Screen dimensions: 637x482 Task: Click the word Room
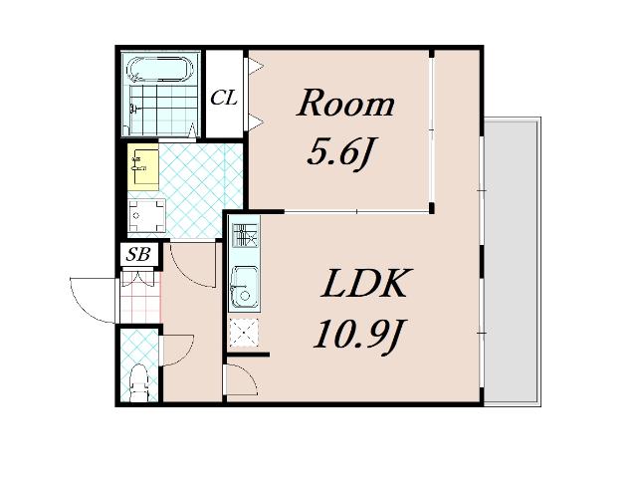(345, 103)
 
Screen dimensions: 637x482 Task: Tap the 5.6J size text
(340, 152)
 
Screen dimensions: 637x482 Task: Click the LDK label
(363, 283)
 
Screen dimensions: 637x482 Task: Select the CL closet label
(224, 98)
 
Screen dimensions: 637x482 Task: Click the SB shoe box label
(138, 254)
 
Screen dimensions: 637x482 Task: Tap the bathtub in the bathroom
(160, 69)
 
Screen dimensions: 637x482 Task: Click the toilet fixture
(138, 382)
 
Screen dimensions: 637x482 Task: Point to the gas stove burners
(244, 235)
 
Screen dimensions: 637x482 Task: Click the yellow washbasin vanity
(143, 166)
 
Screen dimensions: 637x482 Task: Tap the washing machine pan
(146, 216)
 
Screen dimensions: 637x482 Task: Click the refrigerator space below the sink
(244, 333)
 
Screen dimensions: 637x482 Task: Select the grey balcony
(512, 262)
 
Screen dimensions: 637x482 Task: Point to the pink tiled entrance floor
(140, 297)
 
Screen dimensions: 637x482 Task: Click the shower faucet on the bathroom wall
(133, 109)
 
